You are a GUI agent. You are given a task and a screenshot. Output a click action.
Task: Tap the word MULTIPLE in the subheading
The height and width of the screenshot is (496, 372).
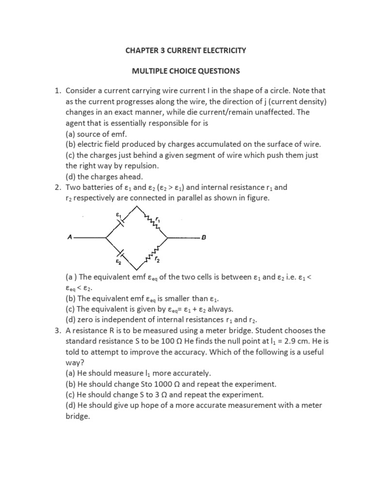click(x=152, y=71)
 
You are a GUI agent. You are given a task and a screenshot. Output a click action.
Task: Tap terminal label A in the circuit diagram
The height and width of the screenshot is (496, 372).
click(x=70, y=238)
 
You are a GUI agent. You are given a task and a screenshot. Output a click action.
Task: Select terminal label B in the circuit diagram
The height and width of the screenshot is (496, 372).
click(x=203, y=238)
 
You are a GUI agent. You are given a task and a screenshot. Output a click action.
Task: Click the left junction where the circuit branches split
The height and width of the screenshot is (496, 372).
click(x=106, y=238)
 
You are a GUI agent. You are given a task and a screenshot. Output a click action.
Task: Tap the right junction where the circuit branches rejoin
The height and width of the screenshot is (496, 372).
click(x=167, y=238)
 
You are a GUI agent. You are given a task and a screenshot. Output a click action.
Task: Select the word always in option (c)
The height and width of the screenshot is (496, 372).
click(x=220, y=309)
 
